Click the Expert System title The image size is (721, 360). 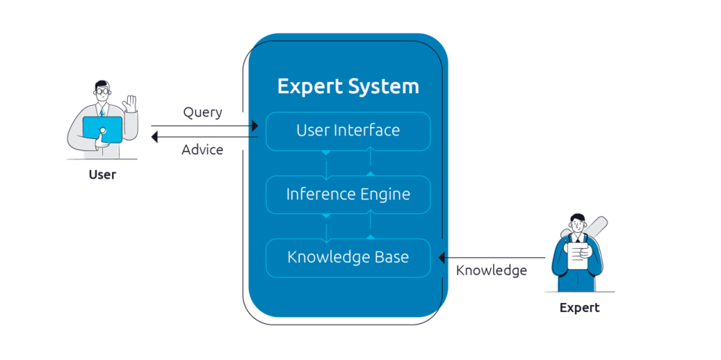click(x=348, y=86)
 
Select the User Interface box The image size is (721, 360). click(x=348, y=131)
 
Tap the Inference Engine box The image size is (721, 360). click(x=348, y=195)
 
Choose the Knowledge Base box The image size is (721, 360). click(x=348, y=258)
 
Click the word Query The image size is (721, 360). click(x=202, y=113)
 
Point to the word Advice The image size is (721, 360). click(x=202, y=150)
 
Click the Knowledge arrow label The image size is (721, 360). click(x=491, y=271)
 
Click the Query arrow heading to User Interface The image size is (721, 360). click(x=203, y=126)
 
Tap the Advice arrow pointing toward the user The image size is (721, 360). click(x=203, y=137)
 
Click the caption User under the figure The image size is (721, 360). click(x=101, y=175)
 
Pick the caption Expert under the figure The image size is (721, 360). click(x=579, y=308)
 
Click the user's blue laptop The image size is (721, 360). click(x=101, y=128)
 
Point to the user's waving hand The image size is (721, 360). click(x=132, y=103)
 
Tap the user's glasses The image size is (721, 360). click(x=102, y=91)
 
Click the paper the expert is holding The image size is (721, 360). click(x=577, y=254)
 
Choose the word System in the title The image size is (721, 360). click(x=383, y=86)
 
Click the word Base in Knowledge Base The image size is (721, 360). click(x=391, y=258)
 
